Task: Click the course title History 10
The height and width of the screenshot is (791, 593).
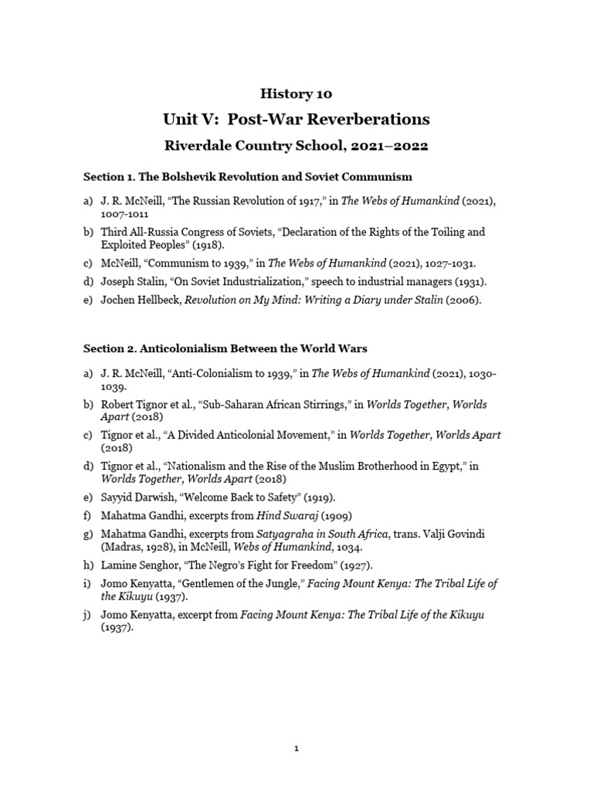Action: (296, 93)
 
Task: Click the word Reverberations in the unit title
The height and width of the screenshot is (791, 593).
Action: (368, 119)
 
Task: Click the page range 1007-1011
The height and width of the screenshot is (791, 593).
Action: (125, 213)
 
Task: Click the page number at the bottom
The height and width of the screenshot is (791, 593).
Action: (296, 748)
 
